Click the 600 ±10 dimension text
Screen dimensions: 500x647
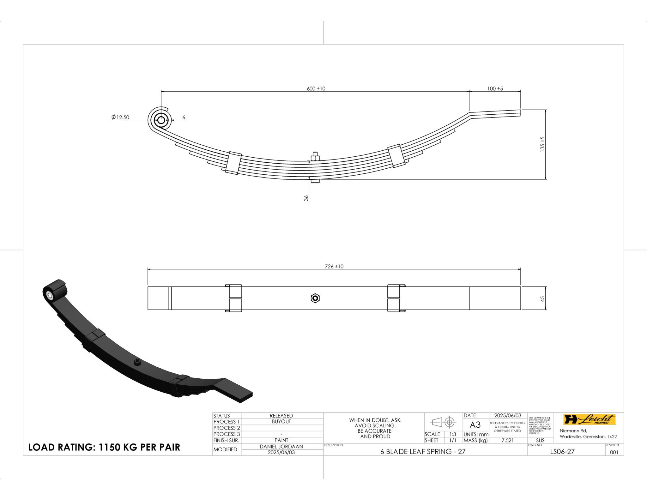(x=316, y=89)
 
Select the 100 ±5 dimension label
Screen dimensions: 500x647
(x=495, y=89)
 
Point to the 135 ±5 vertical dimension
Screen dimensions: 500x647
(x=542, y=144)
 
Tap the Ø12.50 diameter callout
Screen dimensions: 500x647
(x=120, y=117)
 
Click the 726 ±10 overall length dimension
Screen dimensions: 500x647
(x=334, y=267)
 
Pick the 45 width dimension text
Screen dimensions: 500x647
(x=542, y=298)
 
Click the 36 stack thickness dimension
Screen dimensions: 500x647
(x=306, y=198)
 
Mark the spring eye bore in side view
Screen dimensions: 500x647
(x=161, y=120)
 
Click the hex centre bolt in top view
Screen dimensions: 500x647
(x=315, y=298)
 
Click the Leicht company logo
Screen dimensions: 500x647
(x=589, y=420)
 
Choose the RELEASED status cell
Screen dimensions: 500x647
(x=281, y=416)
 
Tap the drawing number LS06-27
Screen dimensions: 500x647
(x=562, y=452)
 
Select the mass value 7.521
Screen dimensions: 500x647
(x=507, y=440)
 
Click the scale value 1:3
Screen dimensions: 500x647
(x=453, y=434)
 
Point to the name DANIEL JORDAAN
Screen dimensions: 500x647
(x=281, y=447)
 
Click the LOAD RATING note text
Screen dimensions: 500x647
(x=104, y=447)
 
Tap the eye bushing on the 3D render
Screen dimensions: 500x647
(x=50, y=296)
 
